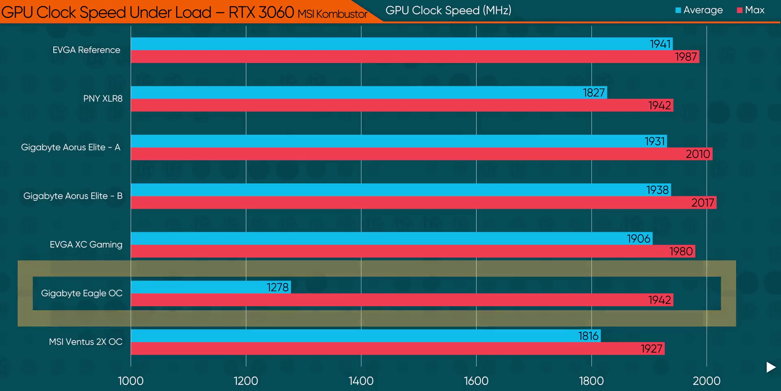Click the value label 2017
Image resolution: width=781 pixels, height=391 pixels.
point(702,203)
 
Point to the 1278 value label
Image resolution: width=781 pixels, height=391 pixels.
point(278,288)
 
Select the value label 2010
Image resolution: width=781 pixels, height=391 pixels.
point(698,154)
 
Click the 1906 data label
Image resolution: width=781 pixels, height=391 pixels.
point(639,239)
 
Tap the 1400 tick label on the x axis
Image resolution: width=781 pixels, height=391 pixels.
point(361,381)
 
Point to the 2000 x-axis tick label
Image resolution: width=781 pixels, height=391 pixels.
point(707,381)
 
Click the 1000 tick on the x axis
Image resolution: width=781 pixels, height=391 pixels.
point(131,381)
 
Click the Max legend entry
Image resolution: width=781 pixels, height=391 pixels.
point(751,10)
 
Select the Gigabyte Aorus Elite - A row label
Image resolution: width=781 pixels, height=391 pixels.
point(71,147)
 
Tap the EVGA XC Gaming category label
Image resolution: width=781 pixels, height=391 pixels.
point(86,244)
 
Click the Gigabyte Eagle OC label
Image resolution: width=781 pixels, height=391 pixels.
point(82,293)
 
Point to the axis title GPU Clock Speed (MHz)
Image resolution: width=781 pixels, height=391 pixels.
point(448,11)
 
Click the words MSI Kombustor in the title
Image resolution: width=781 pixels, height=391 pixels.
point(332,14)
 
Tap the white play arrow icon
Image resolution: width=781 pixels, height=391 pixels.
point(770,367)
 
